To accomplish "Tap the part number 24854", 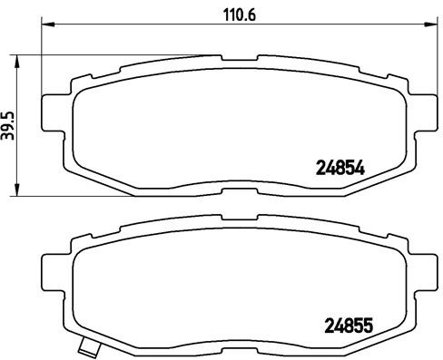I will pyautogui.click(x=339, y=167).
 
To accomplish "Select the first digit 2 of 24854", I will pyautogui.click(x=320, y=167).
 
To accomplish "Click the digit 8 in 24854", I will pyautogui.click(x=339, y=167).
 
